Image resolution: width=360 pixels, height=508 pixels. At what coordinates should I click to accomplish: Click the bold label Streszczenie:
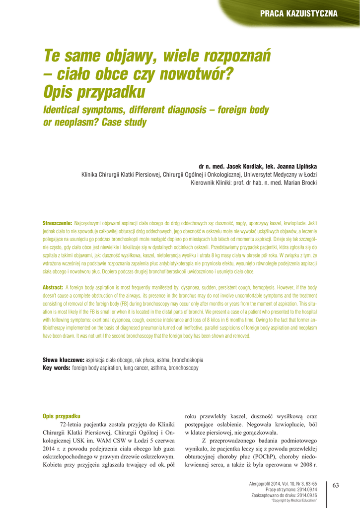(x=58, y=224)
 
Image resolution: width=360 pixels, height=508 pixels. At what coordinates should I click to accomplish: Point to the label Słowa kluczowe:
(x=64, y=360)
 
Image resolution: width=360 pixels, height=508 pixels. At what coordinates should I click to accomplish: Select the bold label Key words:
(x=57, y=368)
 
